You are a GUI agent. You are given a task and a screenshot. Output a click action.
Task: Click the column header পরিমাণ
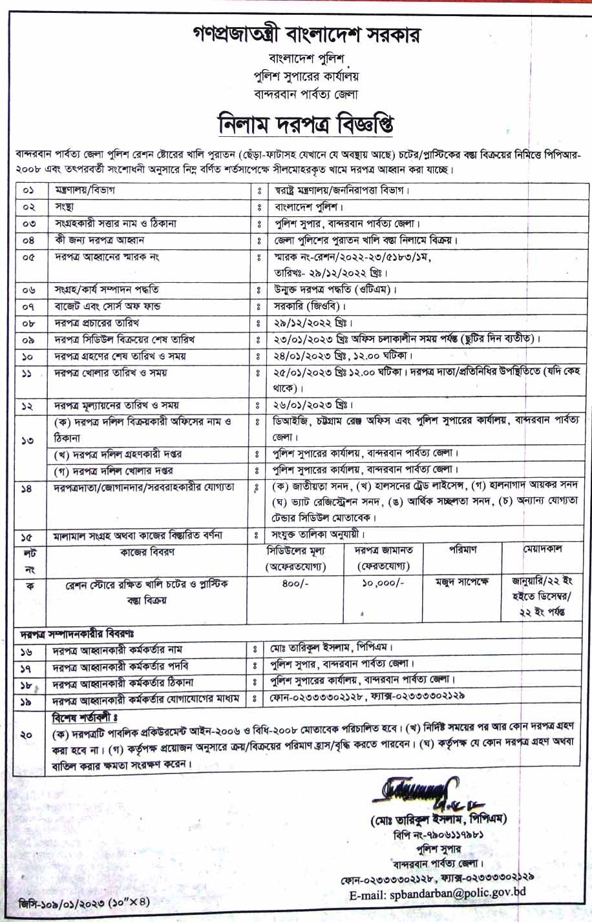pyautogui.click(x=462, y=550)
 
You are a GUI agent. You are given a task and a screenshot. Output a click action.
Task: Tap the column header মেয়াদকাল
pyautogui.click(x=543, y=549)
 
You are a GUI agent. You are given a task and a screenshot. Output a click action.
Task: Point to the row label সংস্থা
pyautogui.click(x=64, y=208)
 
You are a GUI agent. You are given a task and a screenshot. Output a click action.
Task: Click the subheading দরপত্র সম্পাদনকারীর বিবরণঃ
pyautogui.click(x=72, y=631)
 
